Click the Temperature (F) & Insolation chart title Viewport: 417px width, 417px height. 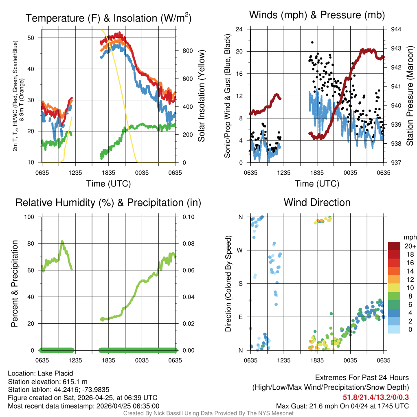click(108, 18)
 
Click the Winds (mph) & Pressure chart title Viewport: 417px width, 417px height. click(317, 15)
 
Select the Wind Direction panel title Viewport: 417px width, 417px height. click(317, 202)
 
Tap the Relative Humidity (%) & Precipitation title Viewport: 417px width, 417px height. click(108, 202)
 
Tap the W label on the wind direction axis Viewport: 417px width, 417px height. click(241, 250)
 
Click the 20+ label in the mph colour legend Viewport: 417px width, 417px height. click(409, 246)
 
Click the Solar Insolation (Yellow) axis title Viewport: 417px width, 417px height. click(202, 96)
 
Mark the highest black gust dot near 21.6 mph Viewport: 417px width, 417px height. click(312, 42)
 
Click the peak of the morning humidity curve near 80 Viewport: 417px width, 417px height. click(62, 241)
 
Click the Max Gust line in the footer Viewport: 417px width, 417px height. click(342, 406)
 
